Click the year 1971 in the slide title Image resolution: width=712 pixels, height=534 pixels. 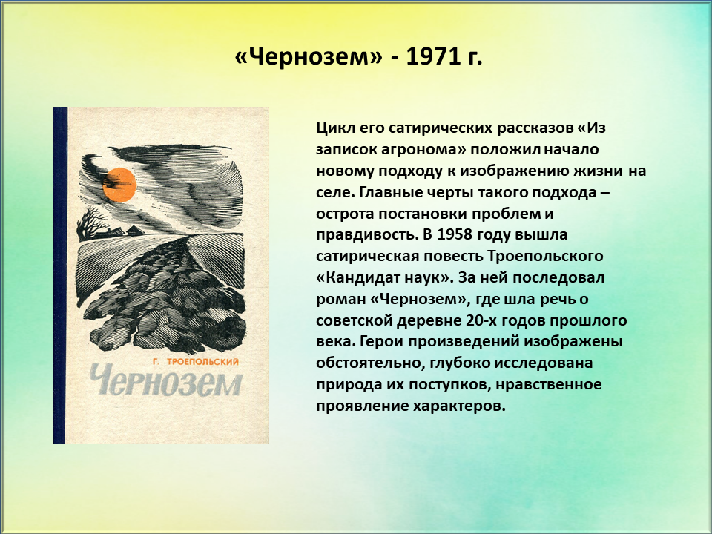coord(430,57)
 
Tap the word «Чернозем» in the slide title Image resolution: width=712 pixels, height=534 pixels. coord(309,57)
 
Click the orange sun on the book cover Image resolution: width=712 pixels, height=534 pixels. coord(119,185)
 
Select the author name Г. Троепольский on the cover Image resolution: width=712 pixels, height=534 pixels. coord(196,362)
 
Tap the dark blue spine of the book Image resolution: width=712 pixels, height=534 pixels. coord(60,274)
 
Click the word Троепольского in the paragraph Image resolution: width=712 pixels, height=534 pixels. coord(545,256)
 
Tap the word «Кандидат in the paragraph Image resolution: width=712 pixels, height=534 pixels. coord(365,277)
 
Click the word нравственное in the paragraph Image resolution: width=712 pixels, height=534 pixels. coord(549,384)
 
